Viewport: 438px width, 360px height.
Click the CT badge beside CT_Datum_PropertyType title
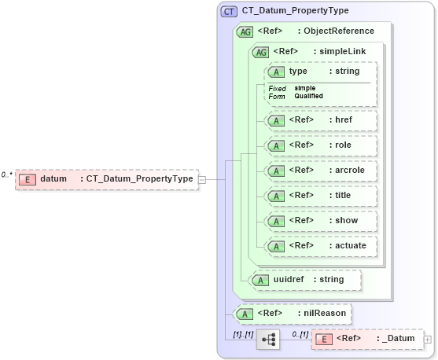click(x=230, y=11)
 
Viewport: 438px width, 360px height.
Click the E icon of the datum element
click(x=27, y=179)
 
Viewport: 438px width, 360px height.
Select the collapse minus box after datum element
click(x=202, y=179)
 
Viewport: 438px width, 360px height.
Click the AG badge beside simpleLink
click(x=259, y=51)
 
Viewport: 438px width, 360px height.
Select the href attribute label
click(x=344, y=120)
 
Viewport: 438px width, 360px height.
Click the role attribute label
click(x=344, y=145)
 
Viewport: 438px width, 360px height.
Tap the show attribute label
click(x=347, y=221)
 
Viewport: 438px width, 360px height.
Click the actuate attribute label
click(x=351, y=246)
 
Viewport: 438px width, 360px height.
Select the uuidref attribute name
click(x=289, y=279)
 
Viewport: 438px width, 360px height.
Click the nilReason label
click(x=325, y=314)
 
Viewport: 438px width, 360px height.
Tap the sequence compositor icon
click(x=268, y=340)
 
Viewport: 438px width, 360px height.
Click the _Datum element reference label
click(x=397, y=339)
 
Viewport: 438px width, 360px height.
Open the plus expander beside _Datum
click(x=428, y=340)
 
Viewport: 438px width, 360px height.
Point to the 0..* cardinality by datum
click(x=7, y=174)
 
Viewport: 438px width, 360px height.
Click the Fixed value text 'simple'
click(x=305, y=88)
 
